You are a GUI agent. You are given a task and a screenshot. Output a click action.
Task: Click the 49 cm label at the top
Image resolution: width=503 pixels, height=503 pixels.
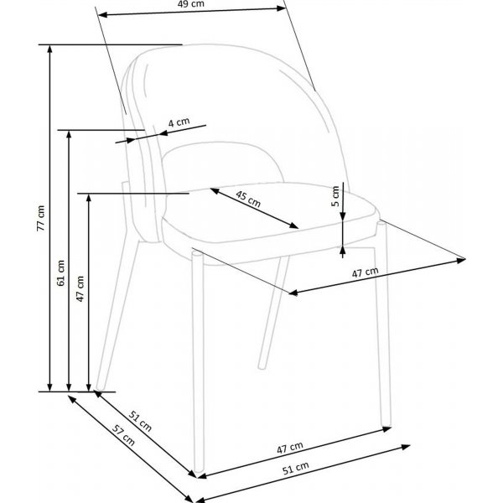click(190, 4)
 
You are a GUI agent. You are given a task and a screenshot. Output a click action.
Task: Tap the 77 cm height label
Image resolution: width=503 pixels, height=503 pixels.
click(41, 218)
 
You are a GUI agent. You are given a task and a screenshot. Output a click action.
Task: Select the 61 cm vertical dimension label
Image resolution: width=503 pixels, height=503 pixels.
click(60, 273)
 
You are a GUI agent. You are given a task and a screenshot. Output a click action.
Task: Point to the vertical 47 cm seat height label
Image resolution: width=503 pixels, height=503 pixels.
click(80, 288)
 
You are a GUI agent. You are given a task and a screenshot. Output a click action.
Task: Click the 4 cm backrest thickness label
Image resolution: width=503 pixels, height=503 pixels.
click(179, 122)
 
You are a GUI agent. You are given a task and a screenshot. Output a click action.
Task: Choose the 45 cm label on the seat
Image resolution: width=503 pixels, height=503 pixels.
click(248, 199)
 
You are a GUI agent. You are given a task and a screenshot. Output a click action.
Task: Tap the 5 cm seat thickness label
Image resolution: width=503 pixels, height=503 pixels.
click(335, 196)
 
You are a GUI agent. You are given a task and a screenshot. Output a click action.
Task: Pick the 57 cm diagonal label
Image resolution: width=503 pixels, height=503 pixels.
click(123, 435)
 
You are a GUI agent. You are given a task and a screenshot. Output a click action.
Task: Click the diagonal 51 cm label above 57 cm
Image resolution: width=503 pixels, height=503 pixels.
click(140, 421)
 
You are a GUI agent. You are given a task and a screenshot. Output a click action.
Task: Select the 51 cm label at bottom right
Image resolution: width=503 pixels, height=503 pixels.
click(296, 468)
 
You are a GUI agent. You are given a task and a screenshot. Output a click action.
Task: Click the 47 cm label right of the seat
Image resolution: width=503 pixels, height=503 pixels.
click(365, 272)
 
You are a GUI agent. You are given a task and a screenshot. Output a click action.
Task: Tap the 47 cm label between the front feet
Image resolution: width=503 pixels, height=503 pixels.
click(290, 448)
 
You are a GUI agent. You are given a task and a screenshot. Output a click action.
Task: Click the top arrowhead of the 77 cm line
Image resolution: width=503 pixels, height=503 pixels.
click(49, 49)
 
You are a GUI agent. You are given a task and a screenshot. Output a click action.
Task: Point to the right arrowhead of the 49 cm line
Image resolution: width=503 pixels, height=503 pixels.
click(282, 8)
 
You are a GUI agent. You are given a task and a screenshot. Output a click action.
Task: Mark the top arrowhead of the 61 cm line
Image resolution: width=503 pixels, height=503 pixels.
click(69, 134)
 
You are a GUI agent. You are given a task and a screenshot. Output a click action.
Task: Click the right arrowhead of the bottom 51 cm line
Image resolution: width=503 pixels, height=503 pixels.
click(406, 447)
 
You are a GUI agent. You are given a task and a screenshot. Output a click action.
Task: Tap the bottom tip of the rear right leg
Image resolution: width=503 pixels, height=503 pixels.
click(262, 366)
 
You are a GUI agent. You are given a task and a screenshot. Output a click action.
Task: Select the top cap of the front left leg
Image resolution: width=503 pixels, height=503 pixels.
click(197, 254)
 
